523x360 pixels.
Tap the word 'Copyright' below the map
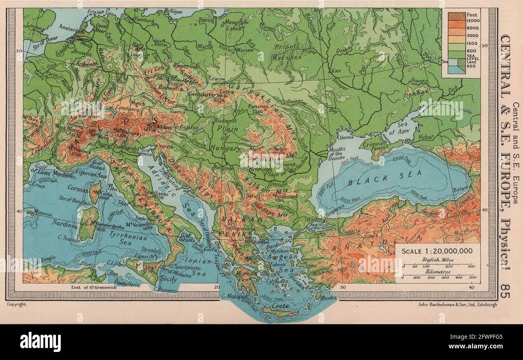pyautogui.click(x=16, y=305)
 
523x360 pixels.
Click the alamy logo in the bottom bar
pyautogui.click(x=40, y=342)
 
